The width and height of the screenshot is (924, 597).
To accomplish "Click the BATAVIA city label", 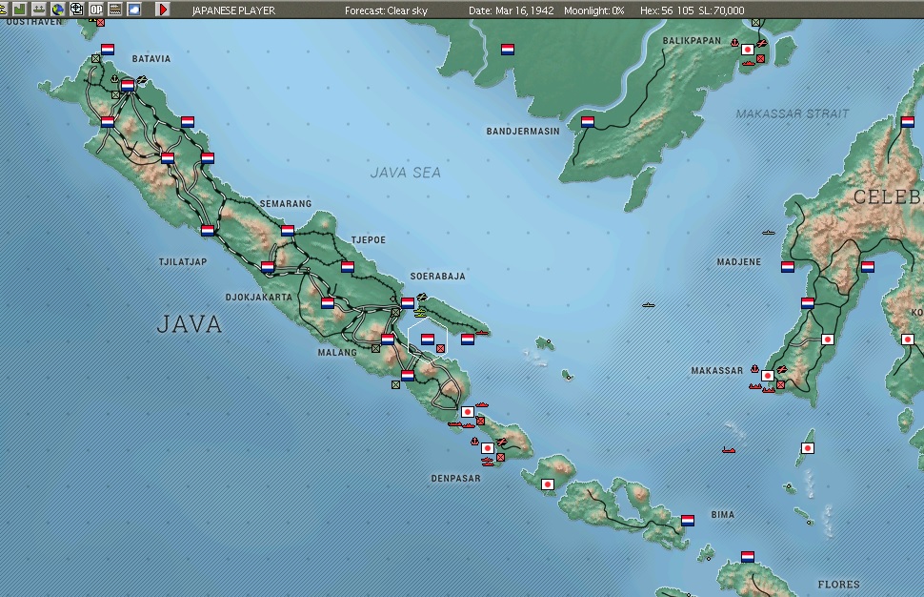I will click(x=151, y=59).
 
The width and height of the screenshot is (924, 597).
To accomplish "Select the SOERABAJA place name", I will click(x=437, y=277).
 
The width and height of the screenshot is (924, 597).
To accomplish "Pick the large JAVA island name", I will click(x=190, y=324).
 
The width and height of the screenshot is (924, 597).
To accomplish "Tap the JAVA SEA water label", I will click(x=406, y=173).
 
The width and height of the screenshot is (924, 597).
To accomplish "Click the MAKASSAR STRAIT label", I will click(x=792, y=113).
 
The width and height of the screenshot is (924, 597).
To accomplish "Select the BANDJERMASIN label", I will click(x=523, y=131).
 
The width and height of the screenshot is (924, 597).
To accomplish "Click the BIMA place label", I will click(x=722, y=515).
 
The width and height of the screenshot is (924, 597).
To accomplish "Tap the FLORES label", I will click(x=838, y=585).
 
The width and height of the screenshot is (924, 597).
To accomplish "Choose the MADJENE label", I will click(x=738, y=262).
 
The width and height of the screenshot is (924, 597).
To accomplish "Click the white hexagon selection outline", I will click(x=428, y=339).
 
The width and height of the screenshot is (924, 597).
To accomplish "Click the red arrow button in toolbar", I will click(x=163, y=9).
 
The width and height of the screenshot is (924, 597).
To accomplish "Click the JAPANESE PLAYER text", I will click(x=233, y=10).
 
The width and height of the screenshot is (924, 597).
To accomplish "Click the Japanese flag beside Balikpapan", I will click(x=748, y=50).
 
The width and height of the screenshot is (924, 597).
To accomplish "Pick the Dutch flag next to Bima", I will click(x=689, y=521).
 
